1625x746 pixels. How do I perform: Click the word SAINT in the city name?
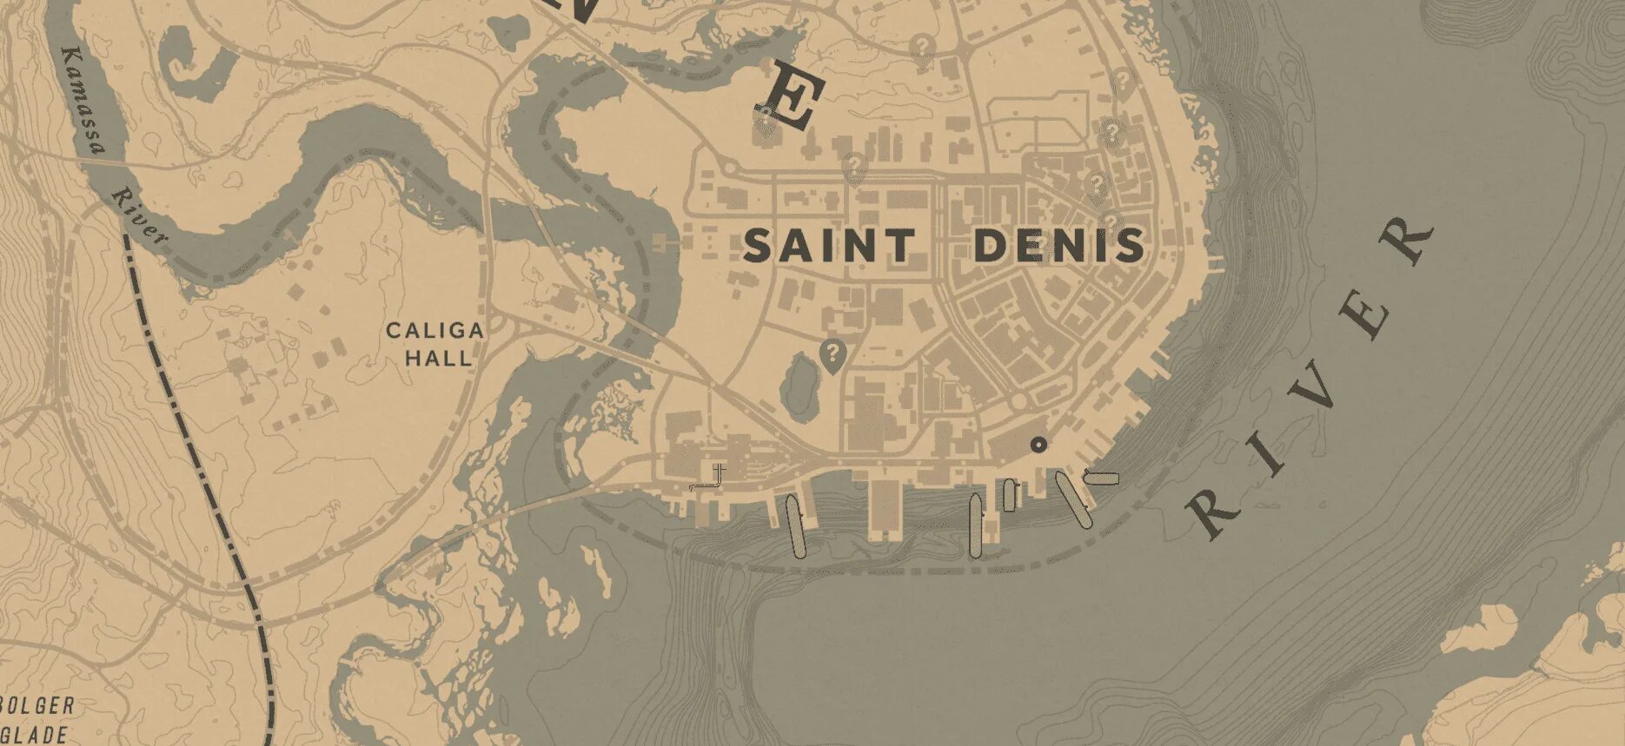pos(829,246)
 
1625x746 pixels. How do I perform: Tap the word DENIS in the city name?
pos(1059,246)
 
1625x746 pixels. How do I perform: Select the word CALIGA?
pos(434,331)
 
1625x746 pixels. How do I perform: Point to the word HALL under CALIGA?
pos(439,356)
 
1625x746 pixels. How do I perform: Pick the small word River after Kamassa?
pos(139,217)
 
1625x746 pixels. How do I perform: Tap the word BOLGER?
pos(38,706)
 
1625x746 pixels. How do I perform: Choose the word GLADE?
pos(35,734)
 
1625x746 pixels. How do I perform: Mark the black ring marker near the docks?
pos(1038,445)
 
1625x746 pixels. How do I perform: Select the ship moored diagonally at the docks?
pos(1073,499)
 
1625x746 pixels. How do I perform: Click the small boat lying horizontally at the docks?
pos(1102,477)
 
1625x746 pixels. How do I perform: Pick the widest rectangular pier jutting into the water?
pos(885,508)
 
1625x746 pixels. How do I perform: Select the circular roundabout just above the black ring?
pos(1018,403)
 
